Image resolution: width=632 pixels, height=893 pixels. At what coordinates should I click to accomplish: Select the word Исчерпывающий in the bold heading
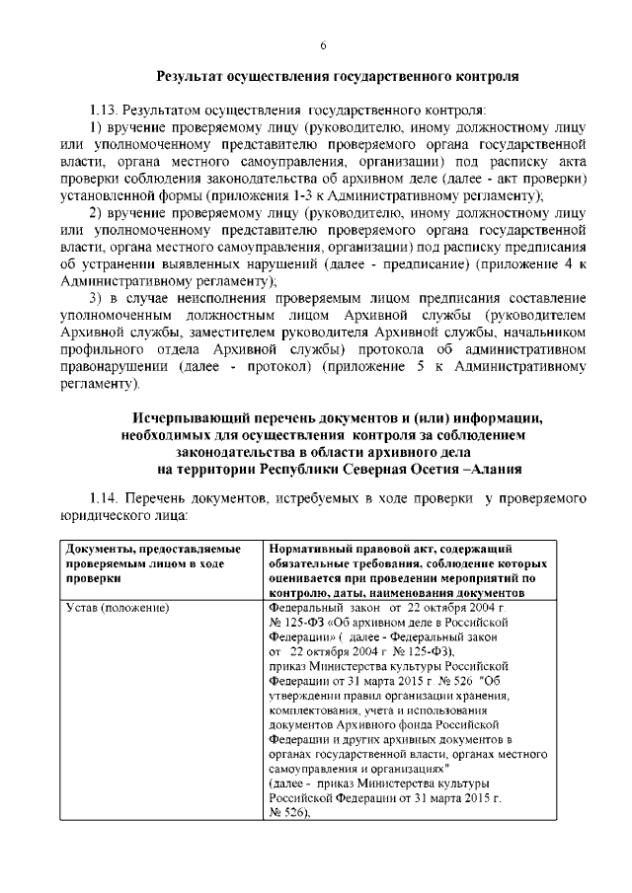pos(194,417)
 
